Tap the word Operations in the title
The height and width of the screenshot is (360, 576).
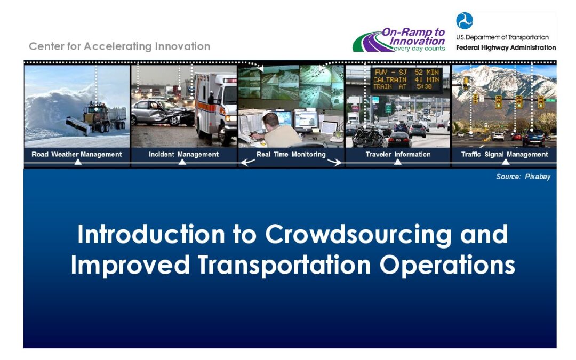click(x=447, y=265)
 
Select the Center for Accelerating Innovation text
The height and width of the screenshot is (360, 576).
click(x=119, y=46)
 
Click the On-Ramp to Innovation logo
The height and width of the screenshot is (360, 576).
click(x=399, y=39)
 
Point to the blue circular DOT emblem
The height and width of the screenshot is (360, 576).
click(x=465, y=21)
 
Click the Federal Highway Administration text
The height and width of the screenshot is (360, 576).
click(x=506, y=48)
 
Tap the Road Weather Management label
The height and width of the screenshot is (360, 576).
click(x=77, y=154)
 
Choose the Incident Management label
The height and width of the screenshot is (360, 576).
click(x=183, y=154)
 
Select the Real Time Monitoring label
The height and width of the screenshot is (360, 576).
click(x=291, y=154)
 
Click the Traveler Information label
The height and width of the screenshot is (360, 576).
click(x=398, y=154)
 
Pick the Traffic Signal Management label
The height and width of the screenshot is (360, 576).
click(x=505, y=154)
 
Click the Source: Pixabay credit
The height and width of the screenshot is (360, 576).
click(x=523, y=177)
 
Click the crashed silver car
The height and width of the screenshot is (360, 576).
click(x=162, y=112)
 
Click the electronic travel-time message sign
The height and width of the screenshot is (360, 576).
click(x=406, y=79)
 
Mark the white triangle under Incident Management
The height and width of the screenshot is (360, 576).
click(x=182, y=162)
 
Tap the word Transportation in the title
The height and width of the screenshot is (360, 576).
click(x=284, y=265)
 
